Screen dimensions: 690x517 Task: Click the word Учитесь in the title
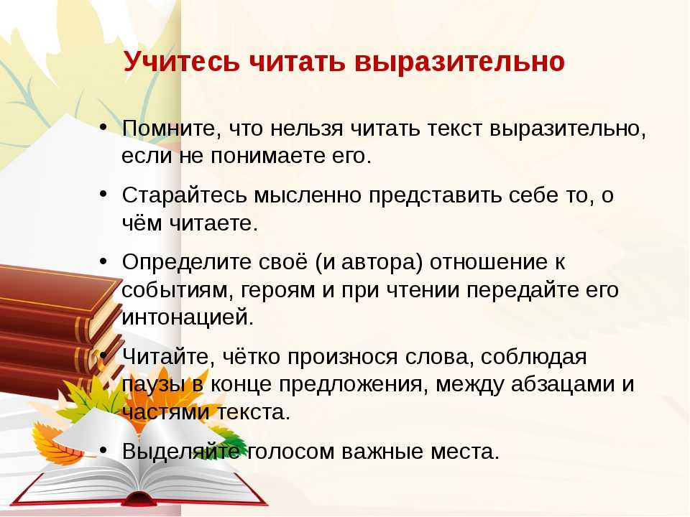(181, 62)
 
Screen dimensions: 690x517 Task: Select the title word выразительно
(459, 62)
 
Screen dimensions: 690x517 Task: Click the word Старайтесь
(185, 195)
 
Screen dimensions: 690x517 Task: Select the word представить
(436, 195)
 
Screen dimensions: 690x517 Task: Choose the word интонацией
(188, 317)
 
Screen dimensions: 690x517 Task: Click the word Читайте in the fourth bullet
(167, 357)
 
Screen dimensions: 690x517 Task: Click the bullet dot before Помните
(103, 126)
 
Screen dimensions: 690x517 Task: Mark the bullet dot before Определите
(103, 261)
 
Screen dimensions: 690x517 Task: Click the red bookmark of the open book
(138, 498)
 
